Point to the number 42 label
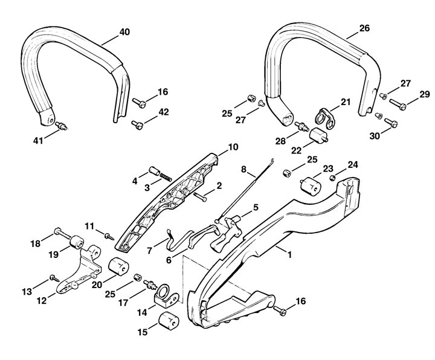coord(164,112)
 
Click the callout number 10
coord(216,147)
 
